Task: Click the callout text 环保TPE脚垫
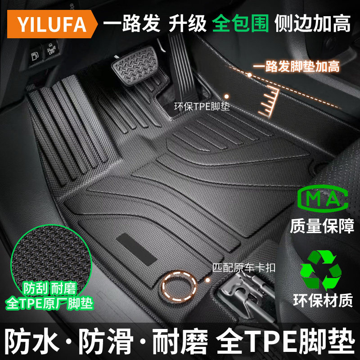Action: tap(202, 108)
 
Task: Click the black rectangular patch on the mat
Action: tap(136, 250)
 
